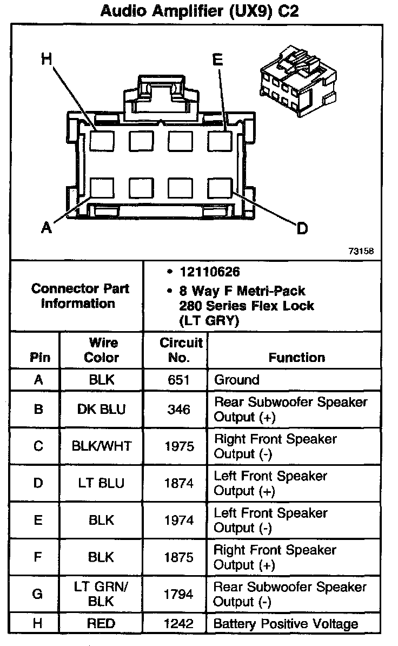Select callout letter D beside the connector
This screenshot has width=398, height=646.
point(302,229)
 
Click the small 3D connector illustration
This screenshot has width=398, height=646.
point(299,78)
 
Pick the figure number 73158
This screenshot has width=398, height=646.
point(361,251)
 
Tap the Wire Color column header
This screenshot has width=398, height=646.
point(102,350)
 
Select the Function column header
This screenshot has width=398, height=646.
point(297,357)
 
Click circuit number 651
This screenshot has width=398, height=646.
point(178,380)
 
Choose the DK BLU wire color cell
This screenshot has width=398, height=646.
point(102,410)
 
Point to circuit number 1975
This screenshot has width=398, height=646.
point(178,446)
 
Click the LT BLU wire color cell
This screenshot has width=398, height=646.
point(102,483)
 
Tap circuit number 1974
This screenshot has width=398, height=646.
point(178,520)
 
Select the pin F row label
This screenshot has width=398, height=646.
point(37,557)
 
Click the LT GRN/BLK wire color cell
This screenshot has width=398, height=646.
point(102,594)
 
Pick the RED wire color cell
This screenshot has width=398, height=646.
point(102,624)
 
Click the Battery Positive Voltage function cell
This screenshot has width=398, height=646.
point(286,624)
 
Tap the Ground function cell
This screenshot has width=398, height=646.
point(237,380)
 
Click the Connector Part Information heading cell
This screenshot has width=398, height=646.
point(79,296)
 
